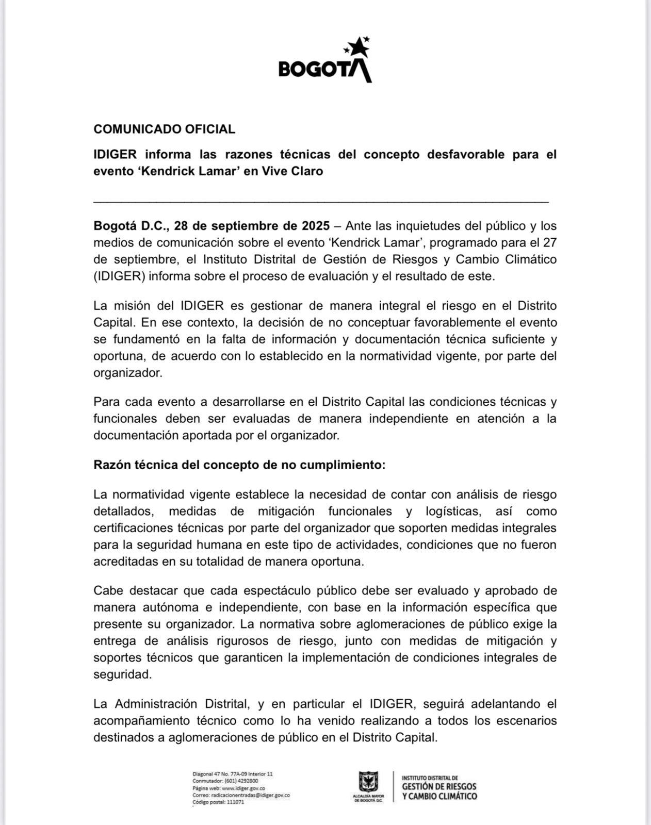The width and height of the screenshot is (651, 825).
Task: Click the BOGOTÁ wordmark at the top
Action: pos(323,69)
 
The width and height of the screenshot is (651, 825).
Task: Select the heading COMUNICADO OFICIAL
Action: pos(164,129)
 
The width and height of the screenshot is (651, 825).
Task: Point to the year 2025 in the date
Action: pos(315,226)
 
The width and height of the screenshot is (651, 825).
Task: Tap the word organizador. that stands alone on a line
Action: pos(128,373)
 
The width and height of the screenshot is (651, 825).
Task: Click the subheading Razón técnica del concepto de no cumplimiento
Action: pos(239,465)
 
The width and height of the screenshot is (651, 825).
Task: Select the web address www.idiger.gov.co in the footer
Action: pos(243,788)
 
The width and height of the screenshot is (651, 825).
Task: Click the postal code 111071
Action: pos(235,802)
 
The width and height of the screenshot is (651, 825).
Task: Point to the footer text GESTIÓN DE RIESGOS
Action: pos(439,787)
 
